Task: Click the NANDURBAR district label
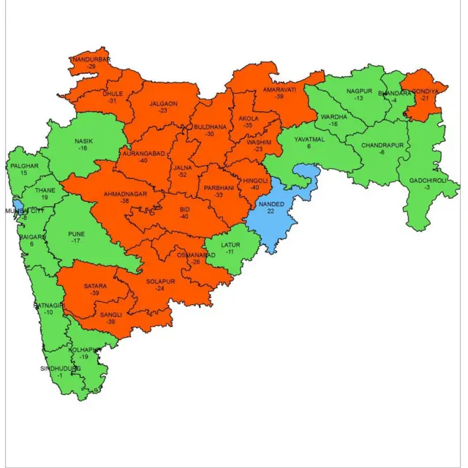(x=91, y=58)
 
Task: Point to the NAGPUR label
(x=359, y=90)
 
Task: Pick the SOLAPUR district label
(x=159, y=280)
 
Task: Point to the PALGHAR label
(x=24, y=166)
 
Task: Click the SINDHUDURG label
(x=60, y=369)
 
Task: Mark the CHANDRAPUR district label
(x=381, y=145)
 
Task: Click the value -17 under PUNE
(x=76, y=239)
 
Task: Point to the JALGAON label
(x=163, y=104)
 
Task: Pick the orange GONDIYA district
(x=423, y=99)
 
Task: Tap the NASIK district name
(x=83, y=140)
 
